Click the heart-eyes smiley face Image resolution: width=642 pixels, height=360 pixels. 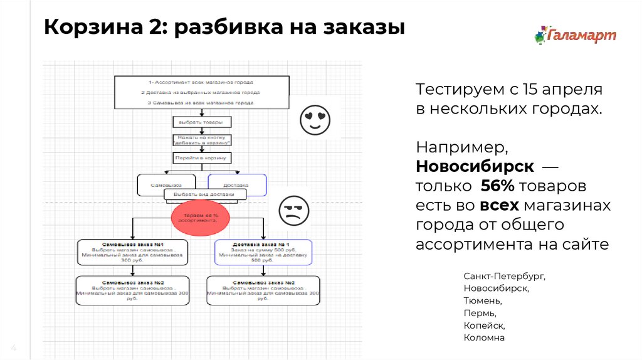pyautogui.click(x=315, y=120)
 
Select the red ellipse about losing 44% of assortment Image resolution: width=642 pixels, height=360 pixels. pyautogui.click(x=198, y=218)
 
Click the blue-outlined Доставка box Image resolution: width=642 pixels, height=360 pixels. pyautogui.click(x=236, y=185)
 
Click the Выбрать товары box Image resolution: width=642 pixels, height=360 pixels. pyautogui.click(x=202, y=122)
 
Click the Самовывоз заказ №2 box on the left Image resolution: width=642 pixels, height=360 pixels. pyautogui.click(x=132, y=290)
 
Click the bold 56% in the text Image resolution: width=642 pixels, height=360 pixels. pyautogui.click(x=499, y=187)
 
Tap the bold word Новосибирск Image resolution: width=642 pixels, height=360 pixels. pyautogui.click(x=475, y=168)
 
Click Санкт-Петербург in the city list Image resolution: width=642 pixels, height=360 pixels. pyautogui.click(x=504, y=276)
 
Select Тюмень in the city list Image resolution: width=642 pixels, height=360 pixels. pyautogui.click(x=482, y=300)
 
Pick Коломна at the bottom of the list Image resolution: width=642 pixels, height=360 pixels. pyautogui.click(x=484, y=337)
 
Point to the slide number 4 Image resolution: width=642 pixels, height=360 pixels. pyautogui.click(x=13, y=349)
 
